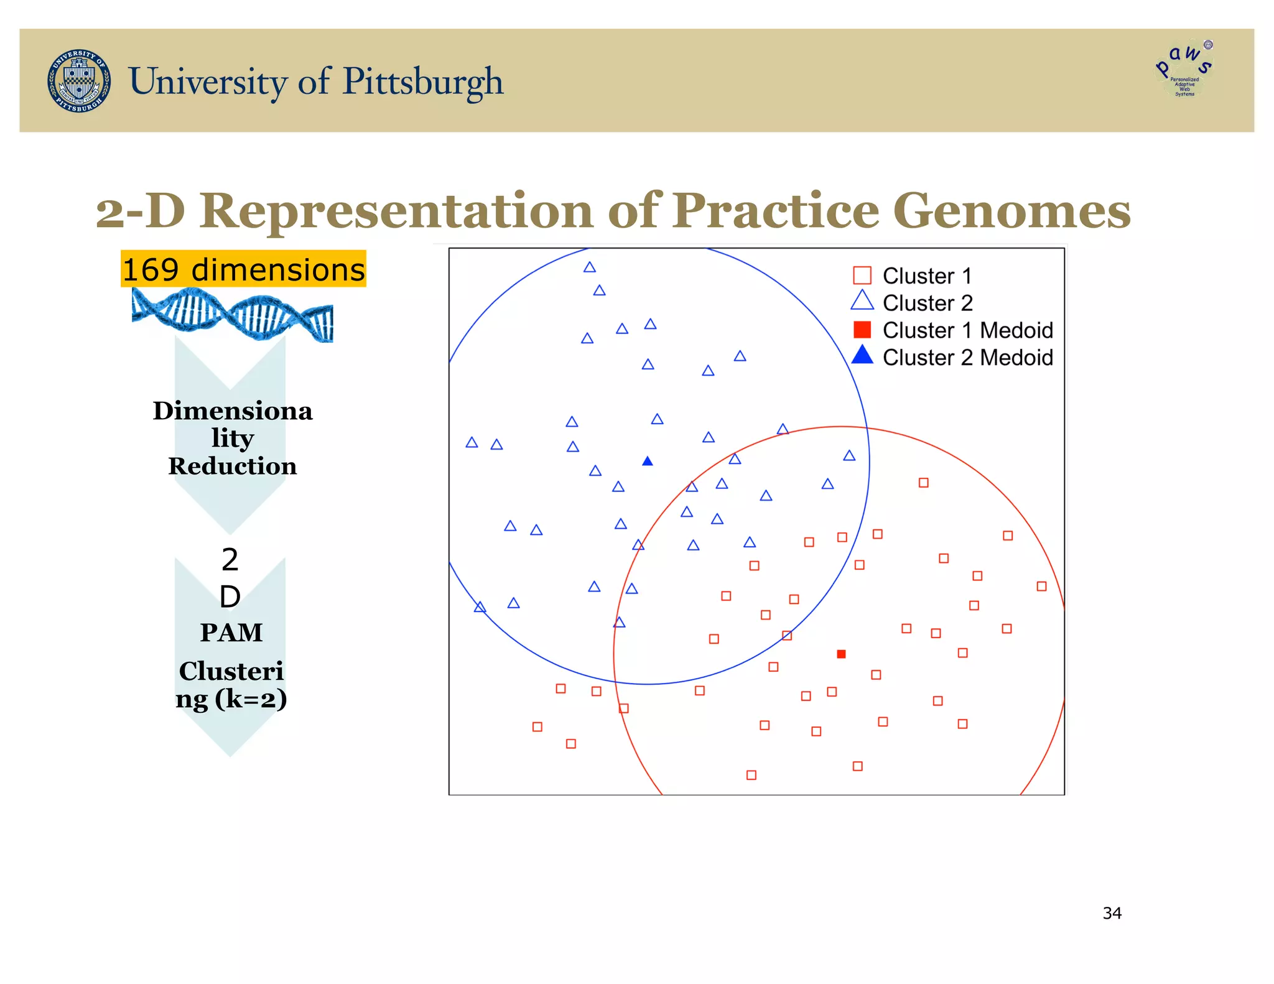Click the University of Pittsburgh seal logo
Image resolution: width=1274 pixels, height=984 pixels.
pyautogui.click(x=80, y=81)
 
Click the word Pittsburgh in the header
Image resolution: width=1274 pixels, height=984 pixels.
pyautogui.click(x=422, y=81)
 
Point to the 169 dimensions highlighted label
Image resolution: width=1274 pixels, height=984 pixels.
pyautogui.click(x=243, y=269)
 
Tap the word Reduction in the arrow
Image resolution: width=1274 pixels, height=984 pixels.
pyautogui.click(x=232, y=466)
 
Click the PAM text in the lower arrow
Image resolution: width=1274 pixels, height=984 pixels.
pyautogui.click(x=231, y=633)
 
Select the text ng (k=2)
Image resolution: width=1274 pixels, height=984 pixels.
pyautogui.click(x=231, y=699)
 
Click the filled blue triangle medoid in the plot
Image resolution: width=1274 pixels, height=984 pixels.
pyautogui.click(x=648, y=462)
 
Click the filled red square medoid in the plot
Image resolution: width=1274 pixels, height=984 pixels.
pyautogui.click(x=841, y=654)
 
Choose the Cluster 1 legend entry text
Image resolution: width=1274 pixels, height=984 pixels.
pyautogui.click(x=926, y=276)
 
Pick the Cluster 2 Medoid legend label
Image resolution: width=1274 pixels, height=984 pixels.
pyautogui.click(x=967, y=358)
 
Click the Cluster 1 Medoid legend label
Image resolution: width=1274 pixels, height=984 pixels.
pyautogui.click(x=967, y=330)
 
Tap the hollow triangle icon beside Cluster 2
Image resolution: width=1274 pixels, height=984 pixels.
pyautogui.click(x=862, y=301)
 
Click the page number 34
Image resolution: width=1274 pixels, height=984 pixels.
pyautogui.click(x=1112, y=913)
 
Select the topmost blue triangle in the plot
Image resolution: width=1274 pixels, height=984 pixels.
pyautogui.click(x=590, y=267)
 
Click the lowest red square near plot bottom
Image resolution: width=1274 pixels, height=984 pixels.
pyautogui.click(x=751, y=775)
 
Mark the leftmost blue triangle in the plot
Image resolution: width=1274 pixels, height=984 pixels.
pyautogui.click(x=472, y=443)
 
